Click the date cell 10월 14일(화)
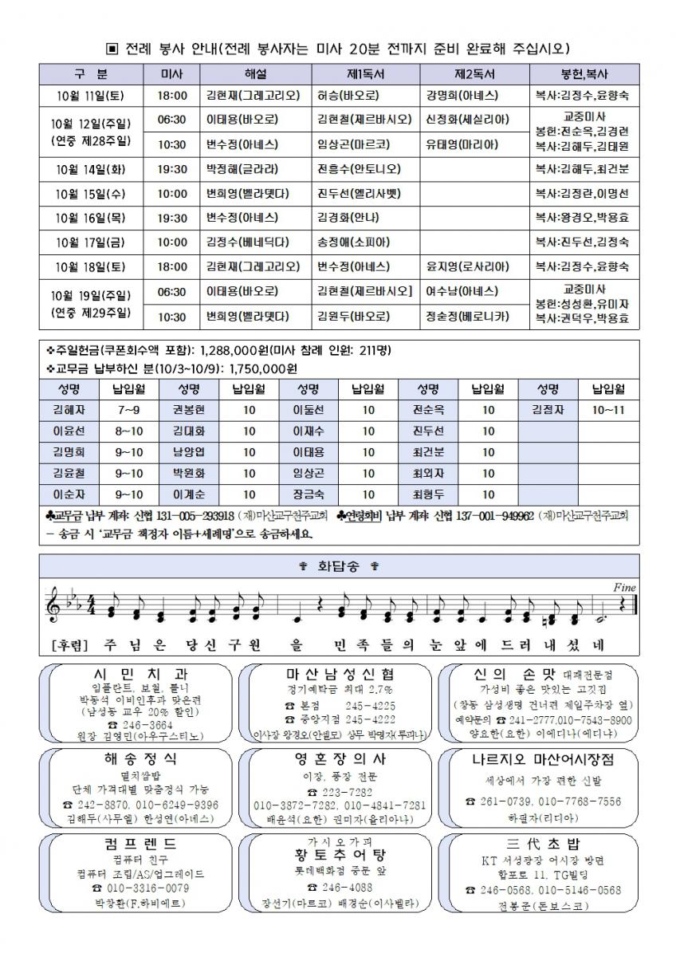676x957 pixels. [x=90, y=169]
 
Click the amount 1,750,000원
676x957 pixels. [x=263, y=368]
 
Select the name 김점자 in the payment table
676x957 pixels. [x=548, y=409]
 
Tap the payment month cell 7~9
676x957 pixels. [x=130, y=409]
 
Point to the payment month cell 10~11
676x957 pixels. [x=608, y=409]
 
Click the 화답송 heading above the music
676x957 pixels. [x=338, y=567]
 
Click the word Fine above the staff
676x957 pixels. [x=624, y=588]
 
